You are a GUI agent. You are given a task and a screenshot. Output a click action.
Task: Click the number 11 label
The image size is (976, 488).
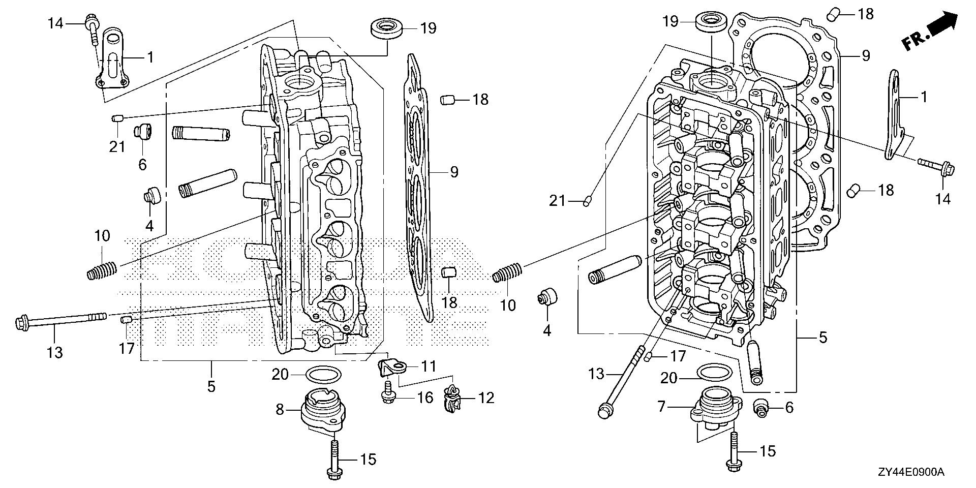[x=429, y=365]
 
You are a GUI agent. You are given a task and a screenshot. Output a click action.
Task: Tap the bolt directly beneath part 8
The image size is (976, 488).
[x=335, y=460]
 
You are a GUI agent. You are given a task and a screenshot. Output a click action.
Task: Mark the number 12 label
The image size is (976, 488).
[x=486, y=398]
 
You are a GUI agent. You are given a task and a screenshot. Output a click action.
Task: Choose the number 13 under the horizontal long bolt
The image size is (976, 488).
[x=55, y=351]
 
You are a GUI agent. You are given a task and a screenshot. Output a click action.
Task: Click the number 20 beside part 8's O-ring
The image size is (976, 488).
[x=280, y=375]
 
